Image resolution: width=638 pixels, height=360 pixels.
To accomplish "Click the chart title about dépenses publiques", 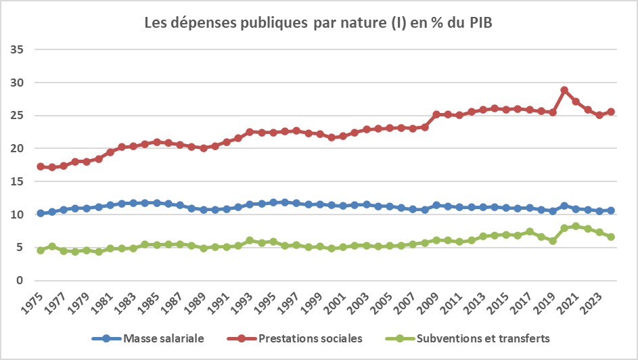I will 319,23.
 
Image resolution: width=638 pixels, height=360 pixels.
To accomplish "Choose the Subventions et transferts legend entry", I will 471,338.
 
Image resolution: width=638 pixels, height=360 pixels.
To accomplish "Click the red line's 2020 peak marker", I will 564,90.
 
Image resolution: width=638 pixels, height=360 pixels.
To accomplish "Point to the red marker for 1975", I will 41,166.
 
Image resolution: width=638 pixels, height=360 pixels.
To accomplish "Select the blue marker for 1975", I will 41,213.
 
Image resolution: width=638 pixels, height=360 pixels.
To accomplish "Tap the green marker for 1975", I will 41,250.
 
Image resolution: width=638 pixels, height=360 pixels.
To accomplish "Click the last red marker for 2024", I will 611,112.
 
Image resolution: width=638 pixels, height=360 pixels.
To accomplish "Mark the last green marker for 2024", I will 611,237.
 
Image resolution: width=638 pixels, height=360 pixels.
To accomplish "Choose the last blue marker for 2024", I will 611,210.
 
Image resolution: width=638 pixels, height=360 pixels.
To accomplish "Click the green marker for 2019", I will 553,241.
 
